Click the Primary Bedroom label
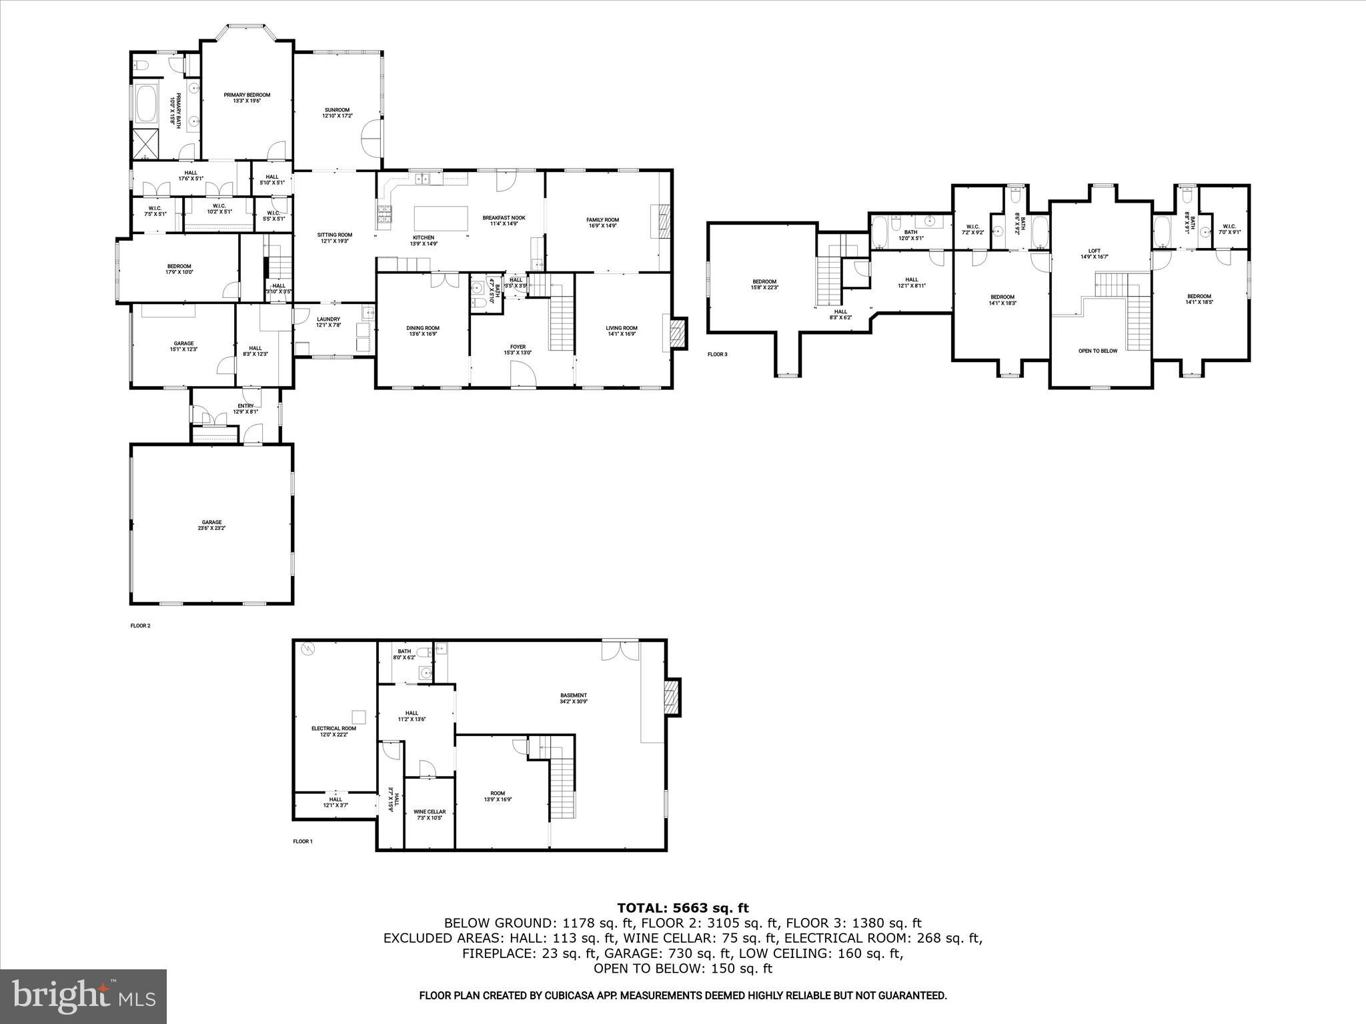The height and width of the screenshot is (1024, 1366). pyautogui.click(x=247, y=98)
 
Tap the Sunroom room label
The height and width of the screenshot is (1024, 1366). pyautogui.click(x=337, y=113)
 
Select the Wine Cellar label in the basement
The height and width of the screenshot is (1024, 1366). pyautogui.click(x=430, y=815)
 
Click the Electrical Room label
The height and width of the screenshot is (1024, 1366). pyautogui.click(x=333, y=731)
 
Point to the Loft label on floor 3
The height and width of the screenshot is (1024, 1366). pyautogui.click(x=1094, y=254)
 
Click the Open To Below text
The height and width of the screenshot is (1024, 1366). pyautogui.click(x=1098, y=351)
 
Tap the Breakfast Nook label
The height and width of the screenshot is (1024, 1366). pyautogui.click(x=504, y=221)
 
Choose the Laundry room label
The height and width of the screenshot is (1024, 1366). pyautogui.click(x=328, y=322)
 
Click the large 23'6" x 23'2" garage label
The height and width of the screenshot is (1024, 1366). pyautogui.click(x=212, y=525)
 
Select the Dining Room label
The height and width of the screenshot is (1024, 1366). pyautogui.click(x=423, y=331)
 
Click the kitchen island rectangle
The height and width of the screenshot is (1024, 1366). pyautogui.click(x=441, y=218)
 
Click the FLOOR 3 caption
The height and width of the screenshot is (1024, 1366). pyautogui.click(x=717, y=355)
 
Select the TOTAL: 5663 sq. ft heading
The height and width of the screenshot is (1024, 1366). pyautogui.click(x=682, y=908)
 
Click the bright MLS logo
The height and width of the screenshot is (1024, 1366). pyautogui.click(x=83, y=996)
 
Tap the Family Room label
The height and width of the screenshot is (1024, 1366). pyautogui.click(x=602, y=223)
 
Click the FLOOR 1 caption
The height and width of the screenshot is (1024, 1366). pyautogui.click(x=302, y=841)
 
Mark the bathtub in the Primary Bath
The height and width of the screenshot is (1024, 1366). pyautogui.click(x=146, y=105)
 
